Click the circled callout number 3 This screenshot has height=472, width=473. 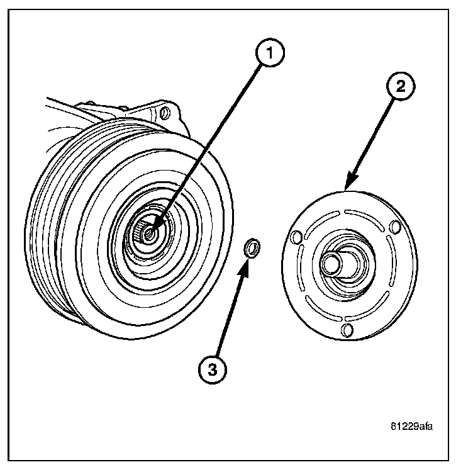213,370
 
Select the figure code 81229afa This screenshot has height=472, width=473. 411,426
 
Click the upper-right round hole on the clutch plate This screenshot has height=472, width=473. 394,226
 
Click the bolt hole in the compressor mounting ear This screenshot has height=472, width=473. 165,113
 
